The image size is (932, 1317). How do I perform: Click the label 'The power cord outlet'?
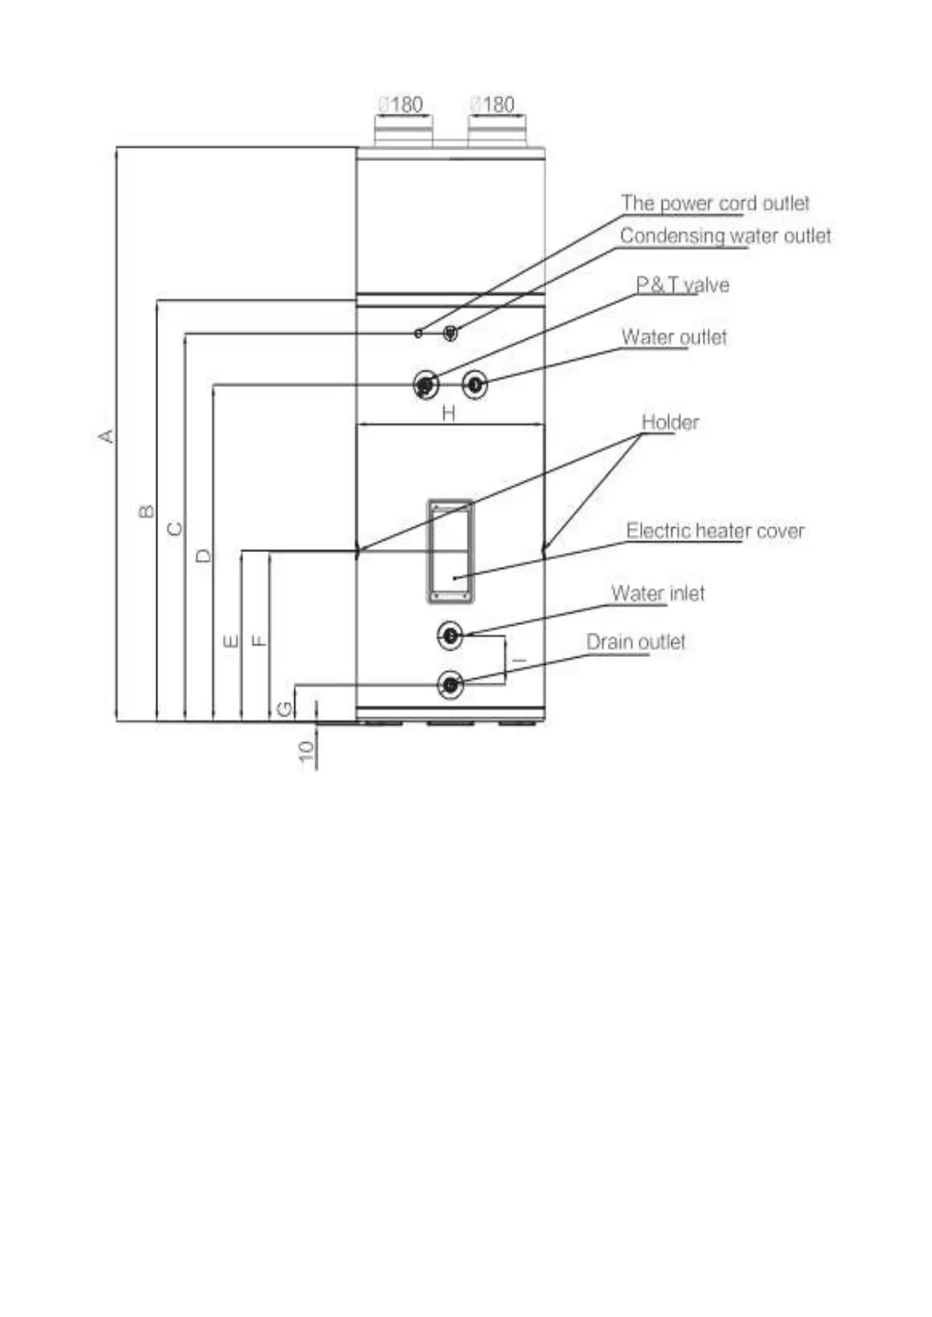click(x=715, y=203)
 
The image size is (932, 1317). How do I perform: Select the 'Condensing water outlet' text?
click(x=725, y=236)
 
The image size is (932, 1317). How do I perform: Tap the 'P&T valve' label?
click(x=682, y=285)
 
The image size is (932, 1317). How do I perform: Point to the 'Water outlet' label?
click(x=674, y=338)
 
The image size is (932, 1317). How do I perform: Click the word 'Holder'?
click(x=670, y=423)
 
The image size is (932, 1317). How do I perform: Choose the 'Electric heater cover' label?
click(x=715, y=532)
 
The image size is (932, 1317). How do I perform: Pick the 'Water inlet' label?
click(x=657, y=594)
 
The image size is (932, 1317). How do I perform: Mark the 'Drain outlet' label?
click(x=635, y=643)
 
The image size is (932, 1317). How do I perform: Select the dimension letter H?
click(x=448, y=413)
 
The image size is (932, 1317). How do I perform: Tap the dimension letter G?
click(x=285, y=709)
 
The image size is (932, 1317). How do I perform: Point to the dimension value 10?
click(x=306, y=751)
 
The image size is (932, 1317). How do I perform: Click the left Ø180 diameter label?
click(x=401, y=105)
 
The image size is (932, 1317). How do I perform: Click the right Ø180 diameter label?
click(x=493, y=105)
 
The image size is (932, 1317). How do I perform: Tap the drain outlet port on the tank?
click(x=451, y=685)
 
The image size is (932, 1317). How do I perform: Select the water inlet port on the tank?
click(x=451, y=636)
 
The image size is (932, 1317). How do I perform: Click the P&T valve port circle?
click(x=425, y=385)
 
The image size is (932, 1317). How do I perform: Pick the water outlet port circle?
click(x=474, y=385)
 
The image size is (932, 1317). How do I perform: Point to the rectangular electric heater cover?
click(x=450, y=551)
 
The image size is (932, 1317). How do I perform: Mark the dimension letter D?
click(x=203, y=556)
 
